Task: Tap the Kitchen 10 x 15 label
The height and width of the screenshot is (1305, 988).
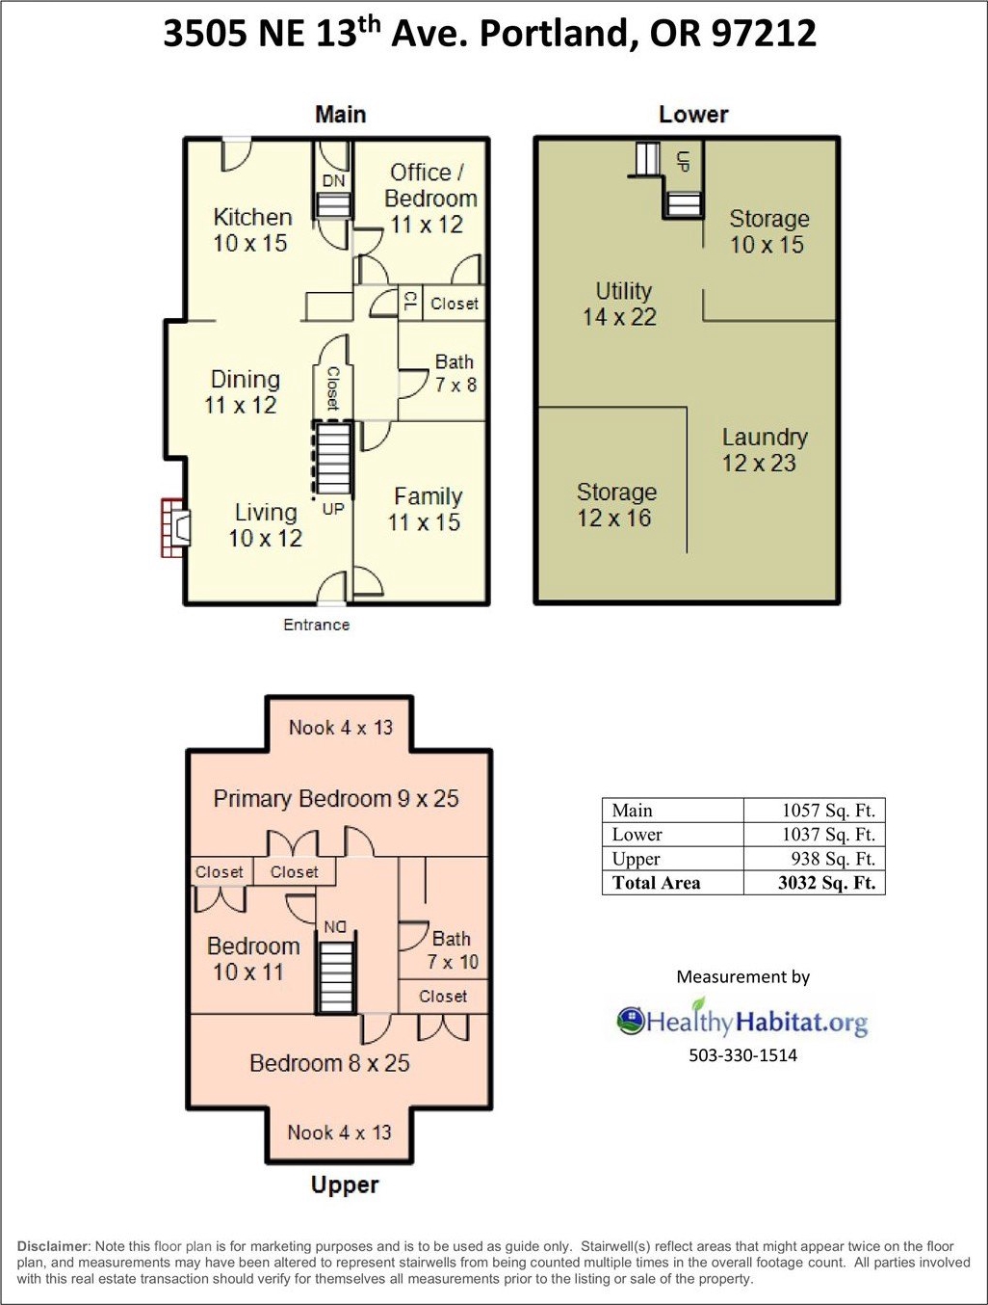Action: click(251, 230)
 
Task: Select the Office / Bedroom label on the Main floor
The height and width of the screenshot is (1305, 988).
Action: click(429, 185)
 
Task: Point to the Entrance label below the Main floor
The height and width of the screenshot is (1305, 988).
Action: click(317, 625)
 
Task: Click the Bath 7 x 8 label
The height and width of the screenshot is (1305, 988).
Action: click(455, 373)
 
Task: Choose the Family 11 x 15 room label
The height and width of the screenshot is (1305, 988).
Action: click(426, 510)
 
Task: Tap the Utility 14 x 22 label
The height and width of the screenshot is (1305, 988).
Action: click(620, 304)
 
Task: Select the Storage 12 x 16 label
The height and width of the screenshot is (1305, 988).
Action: click(615, 505)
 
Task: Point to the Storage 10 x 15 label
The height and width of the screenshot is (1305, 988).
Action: click(768, 231)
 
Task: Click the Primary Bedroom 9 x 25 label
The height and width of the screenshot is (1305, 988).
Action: click(336, 798)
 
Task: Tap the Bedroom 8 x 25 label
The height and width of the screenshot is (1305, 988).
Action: click(329, 1063)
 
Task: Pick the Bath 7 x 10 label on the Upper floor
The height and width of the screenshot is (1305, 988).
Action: click(453, 950)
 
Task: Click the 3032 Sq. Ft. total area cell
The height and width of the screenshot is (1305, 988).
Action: click(826, 882)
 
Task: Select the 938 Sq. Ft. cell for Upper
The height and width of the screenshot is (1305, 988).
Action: click(833, 859)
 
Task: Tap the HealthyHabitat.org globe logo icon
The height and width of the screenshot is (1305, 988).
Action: click(630, 1021)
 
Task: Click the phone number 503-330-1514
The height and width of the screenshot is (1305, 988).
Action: click(742, 1055)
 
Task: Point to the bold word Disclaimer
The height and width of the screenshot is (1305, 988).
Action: click(53, 1246)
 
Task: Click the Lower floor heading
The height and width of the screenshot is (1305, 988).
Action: click(693, 115)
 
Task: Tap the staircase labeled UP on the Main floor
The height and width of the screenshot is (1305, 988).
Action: click(333, 458)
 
